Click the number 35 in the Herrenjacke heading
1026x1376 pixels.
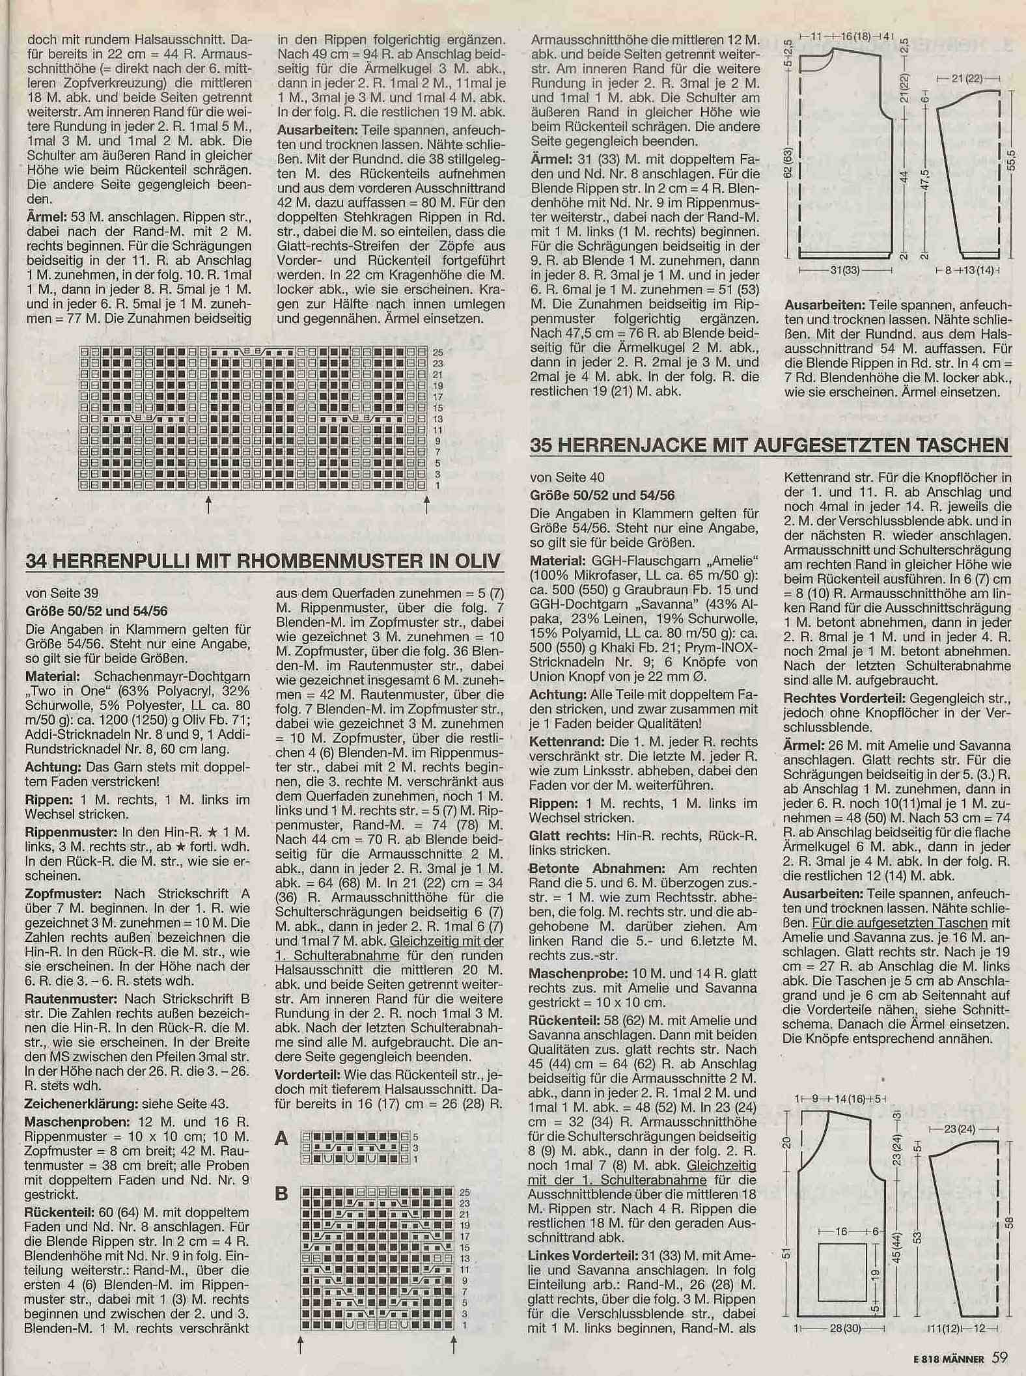point(544,445)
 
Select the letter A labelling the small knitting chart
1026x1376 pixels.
point(281,1138)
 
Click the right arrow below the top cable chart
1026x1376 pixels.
point(426,505)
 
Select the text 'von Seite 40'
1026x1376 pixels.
point(561,478)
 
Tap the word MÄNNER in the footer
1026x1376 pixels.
point(964,1359)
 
